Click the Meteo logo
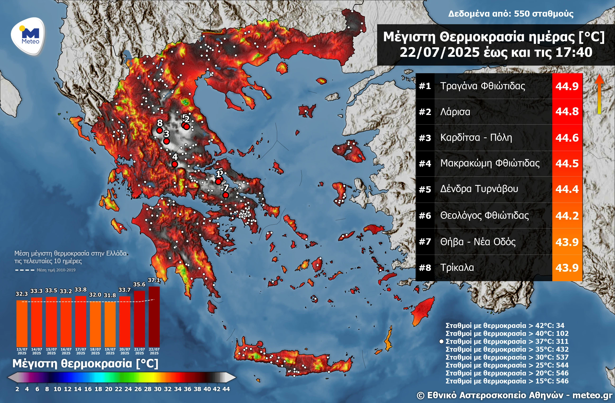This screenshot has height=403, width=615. [28, 36]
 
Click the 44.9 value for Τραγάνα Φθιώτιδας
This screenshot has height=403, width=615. [567, 86]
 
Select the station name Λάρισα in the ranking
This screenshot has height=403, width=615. [455, 112]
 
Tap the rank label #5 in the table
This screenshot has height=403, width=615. [425, 189]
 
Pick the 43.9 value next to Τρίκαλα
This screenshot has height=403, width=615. [567, 268]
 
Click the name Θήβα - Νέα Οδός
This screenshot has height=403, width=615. [478, 242]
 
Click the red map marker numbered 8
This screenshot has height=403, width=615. [159, 130]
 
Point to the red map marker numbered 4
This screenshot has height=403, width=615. [174, 164]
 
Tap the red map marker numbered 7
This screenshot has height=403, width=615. [225, 195]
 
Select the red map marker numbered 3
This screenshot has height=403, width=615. [166, 141]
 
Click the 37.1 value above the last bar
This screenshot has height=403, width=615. [154, 280]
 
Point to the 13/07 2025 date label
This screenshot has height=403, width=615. [22, 351]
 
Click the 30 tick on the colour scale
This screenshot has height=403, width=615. [158, 389]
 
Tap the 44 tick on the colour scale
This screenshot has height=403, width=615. [226, 389]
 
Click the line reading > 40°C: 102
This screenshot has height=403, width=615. [507, 333]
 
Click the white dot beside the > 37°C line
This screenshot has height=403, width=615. [441, 341]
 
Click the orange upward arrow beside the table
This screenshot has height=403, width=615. [599, 94]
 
